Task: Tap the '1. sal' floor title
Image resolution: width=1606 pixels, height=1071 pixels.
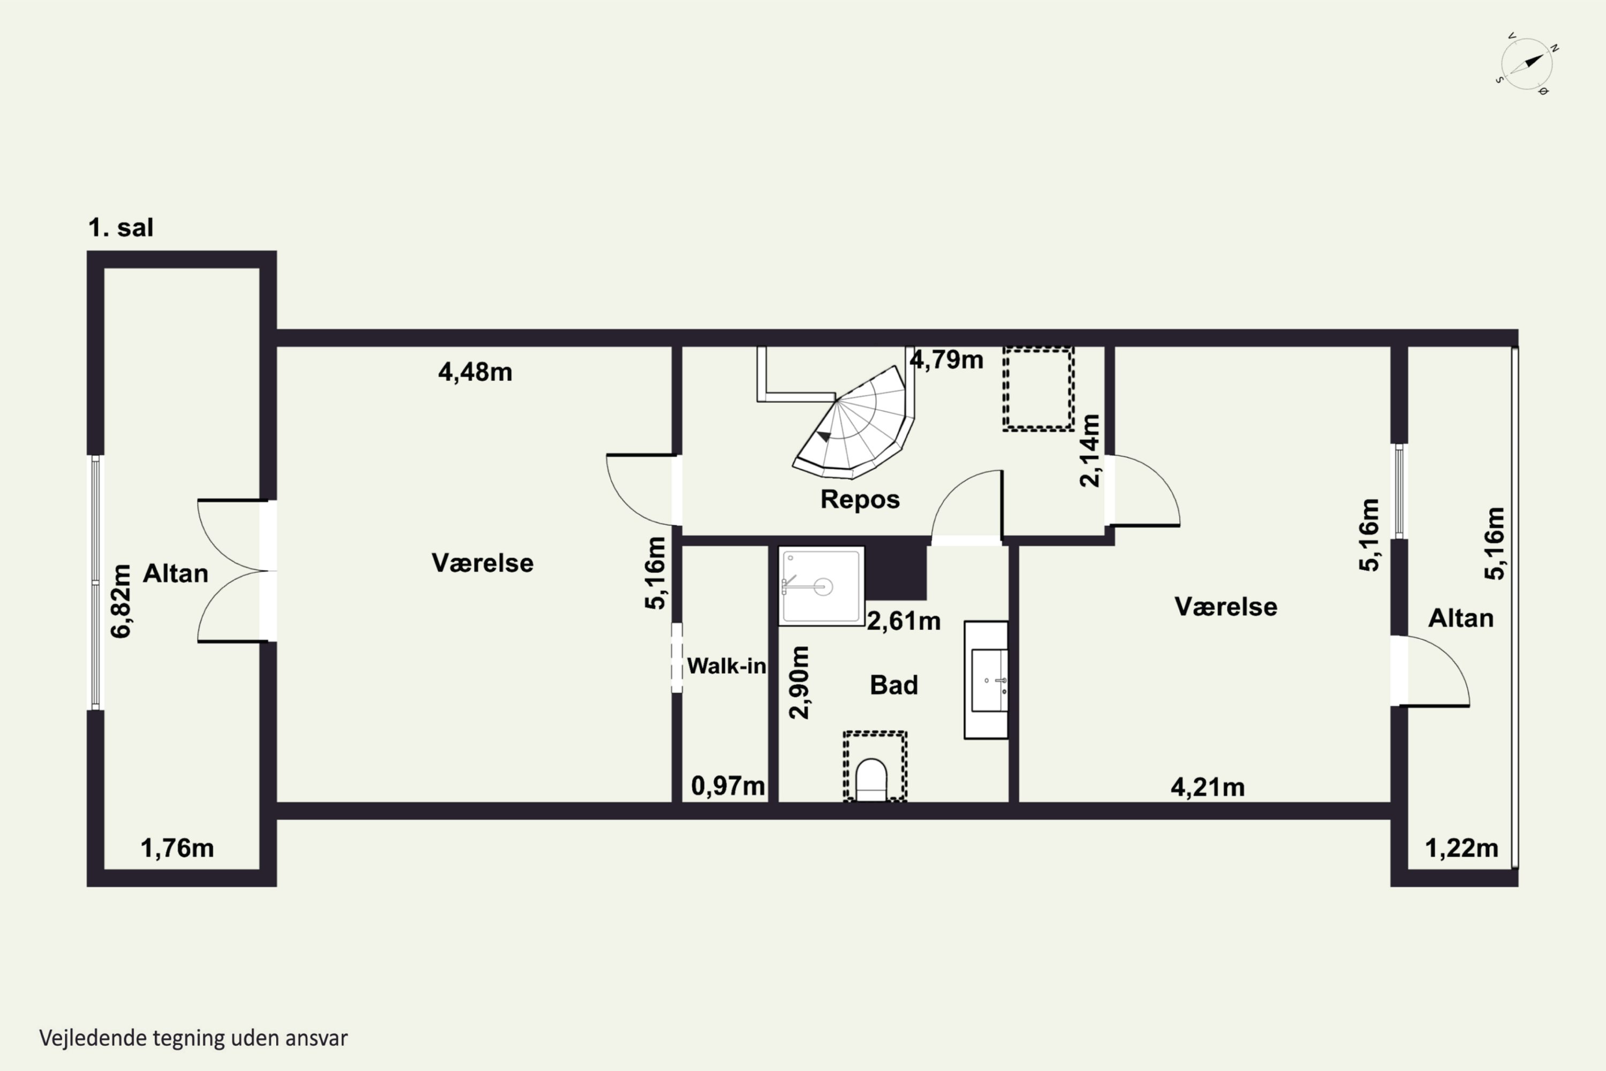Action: coord(121,228)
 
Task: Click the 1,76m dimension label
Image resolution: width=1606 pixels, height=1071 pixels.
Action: coord(178,848)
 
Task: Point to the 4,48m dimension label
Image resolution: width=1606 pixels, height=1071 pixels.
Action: coord(475,372)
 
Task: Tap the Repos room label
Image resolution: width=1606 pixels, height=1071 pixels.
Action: coord(860,499)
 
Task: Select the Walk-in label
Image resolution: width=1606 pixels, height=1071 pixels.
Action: coord(726,666)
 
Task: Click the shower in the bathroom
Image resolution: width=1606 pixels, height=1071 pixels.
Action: coord(821,586)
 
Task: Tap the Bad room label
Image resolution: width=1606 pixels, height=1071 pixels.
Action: coord(894,685)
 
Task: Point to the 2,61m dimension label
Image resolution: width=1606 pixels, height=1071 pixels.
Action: coord(904,621)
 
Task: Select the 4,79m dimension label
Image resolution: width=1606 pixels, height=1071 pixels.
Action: coord(946,359)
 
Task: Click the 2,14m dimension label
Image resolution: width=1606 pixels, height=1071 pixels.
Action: coord(1090,451)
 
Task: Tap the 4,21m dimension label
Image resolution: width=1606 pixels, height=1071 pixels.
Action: coord(1208,788)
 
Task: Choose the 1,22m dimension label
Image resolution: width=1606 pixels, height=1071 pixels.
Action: coord(1462,848)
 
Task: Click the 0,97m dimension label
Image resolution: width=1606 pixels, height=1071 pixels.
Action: coord(728,786)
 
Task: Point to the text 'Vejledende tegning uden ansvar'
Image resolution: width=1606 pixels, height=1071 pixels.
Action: coord(193,1038)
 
